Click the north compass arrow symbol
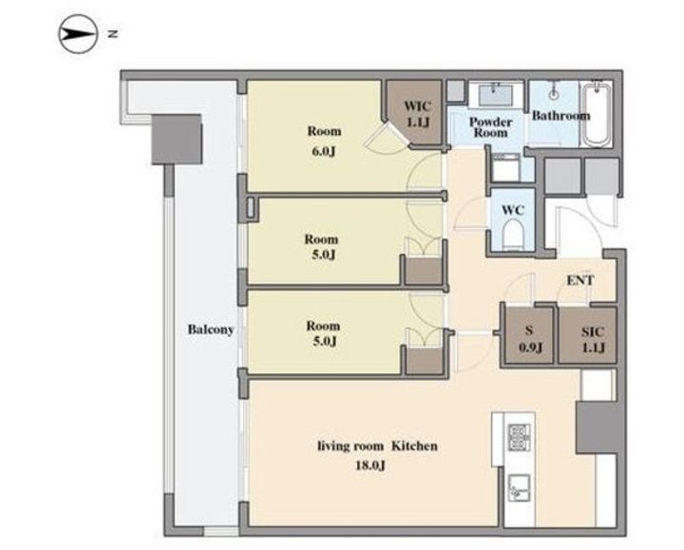coord(78,34)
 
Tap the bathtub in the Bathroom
coord(596,113)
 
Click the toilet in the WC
coord(513,235)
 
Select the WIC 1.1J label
coord(418,114)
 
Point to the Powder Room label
coord(490,127)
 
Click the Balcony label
coord(211,330)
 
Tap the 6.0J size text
coord(324,152)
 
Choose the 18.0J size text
coord(370,465)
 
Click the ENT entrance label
coord(580,280)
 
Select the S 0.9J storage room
coord(529,335)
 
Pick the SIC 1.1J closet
coord(588,335)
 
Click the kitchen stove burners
coord(520,438)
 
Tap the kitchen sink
coord(520,488)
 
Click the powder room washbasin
coord(496,95)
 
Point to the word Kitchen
coord(414,446)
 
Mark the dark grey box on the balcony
coord(177,140)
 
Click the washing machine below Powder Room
coord(505,168)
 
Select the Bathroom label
coord(561,116)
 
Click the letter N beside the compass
coord(113,33)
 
